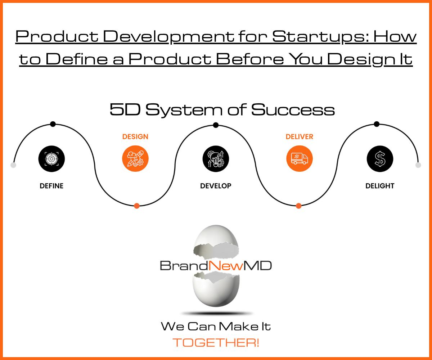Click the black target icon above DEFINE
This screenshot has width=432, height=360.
51,159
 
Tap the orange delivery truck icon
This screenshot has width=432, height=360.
300,158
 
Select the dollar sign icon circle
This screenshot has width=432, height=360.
380,159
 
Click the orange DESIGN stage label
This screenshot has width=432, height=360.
135,136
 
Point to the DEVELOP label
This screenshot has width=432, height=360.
216,186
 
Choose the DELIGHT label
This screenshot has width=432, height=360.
380,186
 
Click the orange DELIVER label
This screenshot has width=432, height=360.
300,136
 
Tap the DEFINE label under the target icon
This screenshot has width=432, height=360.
51,186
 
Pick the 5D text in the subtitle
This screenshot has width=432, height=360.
125,109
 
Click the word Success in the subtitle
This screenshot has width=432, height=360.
293,109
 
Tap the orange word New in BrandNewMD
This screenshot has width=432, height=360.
226,265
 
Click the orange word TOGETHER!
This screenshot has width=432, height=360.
216,343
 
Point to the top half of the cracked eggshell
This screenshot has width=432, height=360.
216,242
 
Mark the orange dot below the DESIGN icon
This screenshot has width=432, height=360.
136,206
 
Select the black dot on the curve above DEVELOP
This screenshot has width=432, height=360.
216,125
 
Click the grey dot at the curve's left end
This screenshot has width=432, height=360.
13,165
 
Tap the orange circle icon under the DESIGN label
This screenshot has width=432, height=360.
135,158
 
